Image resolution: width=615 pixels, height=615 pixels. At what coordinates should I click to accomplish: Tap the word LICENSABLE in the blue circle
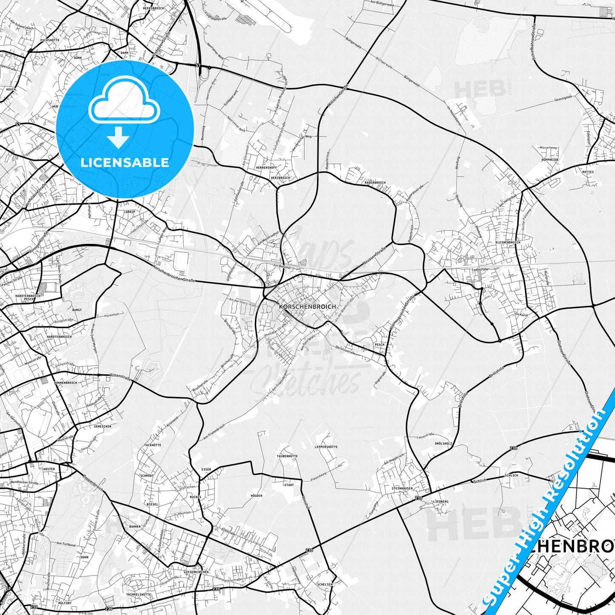(125, 162)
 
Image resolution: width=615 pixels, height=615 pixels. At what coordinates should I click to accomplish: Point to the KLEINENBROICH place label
(508, 243)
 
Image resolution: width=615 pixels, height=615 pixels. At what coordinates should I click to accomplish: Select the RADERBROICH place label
(375, 183)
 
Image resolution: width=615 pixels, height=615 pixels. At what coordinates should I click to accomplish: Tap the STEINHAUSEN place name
(402, 489)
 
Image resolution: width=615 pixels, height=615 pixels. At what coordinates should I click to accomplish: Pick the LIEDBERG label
(441, 502)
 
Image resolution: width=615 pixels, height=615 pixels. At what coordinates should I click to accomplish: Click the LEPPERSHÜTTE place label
(326, 447)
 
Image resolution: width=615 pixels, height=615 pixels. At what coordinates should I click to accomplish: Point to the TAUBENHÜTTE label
(287, 456)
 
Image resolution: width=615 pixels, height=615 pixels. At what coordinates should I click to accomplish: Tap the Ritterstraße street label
(120, 377)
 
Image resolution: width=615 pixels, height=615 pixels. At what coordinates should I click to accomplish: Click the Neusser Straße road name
(375, 257)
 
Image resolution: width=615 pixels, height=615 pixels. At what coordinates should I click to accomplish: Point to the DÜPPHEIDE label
(550, 160)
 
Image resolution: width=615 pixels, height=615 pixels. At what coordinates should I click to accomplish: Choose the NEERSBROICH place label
(154, 8)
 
